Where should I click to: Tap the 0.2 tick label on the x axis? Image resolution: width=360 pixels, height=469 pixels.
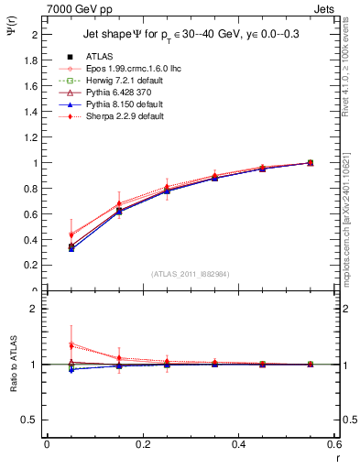tap(142, 445)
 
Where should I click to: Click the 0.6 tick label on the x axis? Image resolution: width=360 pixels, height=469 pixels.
tap(334, 445)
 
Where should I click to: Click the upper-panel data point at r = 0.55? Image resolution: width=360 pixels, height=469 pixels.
tap(311, 163)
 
